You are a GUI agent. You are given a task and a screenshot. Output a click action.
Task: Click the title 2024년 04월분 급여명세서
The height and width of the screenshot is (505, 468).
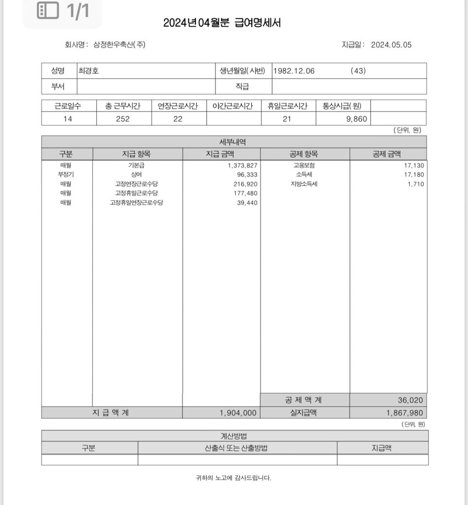pos(222,23)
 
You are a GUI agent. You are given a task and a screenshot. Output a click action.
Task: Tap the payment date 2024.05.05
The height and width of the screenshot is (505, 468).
pos(391,45)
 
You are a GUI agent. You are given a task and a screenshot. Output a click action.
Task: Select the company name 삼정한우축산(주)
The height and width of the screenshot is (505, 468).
pos(119,45)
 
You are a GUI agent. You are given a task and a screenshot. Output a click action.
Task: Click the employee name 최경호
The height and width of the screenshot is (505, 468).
pos(89,71)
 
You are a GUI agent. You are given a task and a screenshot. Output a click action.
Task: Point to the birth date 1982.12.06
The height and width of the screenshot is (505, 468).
pos(294,71)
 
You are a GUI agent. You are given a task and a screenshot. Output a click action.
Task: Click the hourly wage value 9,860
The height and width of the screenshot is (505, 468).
pos(357,119)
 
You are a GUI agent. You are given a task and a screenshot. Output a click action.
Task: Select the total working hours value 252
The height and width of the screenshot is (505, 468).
pos(123,119)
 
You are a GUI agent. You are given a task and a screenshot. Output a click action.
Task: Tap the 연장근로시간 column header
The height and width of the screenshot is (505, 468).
pos(178,106)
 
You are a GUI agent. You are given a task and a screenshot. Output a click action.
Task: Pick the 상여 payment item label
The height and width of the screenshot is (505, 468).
pos(136,175)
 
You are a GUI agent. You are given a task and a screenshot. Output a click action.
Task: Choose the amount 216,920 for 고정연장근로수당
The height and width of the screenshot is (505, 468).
pos(245,184)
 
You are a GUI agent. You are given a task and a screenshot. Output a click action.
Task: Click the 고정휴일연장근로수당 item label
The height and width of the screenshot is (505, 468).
pos(136,202)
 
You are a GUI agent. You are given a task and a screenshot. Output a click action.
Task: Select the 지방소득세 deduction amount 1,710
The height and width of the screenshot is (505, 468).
pos(416,184)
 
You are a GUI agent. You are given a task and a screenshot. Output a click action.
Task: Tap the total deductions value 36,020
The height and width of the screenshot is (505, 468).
pos(410,401)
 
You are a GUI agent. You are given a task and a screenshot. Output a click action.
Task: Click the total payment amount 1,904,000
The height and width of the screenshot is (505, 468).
pos(238,413)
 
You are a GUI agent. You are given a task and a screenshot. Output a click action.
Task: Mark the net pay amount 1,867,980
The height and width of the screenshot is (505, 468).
pos(405,413)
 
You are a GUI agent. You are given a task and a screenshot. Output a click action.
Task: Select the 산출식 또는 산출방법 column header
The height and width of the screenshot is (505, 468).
pos(236,448)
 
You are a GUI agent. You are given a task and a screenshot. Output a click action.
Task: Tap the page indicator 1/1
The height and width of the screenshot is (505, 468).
pos(78,11)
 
